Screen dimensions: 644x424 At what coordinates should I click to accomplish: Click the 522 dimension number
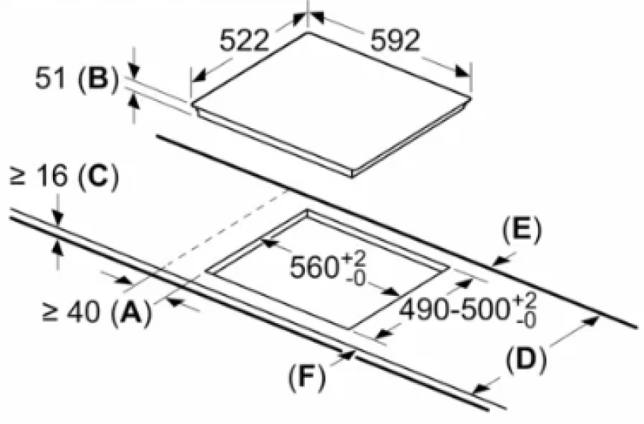coord(244,41)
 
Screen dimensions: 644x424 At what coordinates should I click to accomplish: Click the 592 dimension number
coord(395,40)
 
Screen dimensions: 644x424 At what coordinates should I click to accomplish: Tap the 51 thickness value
coord(51,78)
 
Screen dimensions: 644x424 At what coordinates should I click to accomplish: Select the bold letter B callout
coord(98,78)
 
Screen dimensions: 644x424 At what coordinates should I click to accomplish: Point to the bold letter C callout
coord(98,177)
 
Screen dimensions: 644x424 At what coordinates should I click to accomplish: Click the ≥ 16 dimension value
coord(38,177)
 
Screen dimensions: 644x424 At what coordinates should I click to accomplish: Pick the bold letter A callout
coord(131,313)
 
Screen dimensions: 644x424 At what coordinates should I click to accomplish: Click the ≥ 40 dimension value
coord(71,313)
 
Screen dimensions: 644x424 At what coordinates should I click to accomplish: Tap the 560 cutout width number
coord(314,267)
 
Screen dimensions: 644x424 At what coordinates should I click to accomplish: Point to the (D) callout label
coord(526,360)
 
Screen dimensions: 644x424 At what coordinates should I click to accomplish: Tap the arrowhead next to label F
coord(347,354)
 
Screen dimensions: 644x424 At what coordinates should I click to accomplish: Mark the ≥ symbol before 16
coord(17,177)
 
